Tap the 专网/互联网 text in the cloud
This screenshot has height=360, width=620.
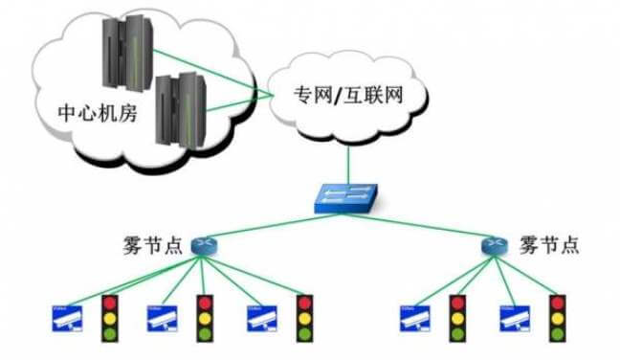(x=344, y=97)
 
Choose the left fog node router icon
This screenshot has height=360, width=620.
(x=204, y=245)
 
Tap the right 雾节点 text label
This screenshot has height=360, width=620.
(x=549, y=244)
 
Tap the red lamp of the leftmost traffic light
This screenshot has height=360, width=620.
(x=113, y=303)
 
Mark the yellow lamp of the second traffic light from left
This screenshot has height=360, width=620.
(x=206, y=319)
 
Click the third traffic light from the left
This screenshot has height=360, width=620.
(x=305, y=319)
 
